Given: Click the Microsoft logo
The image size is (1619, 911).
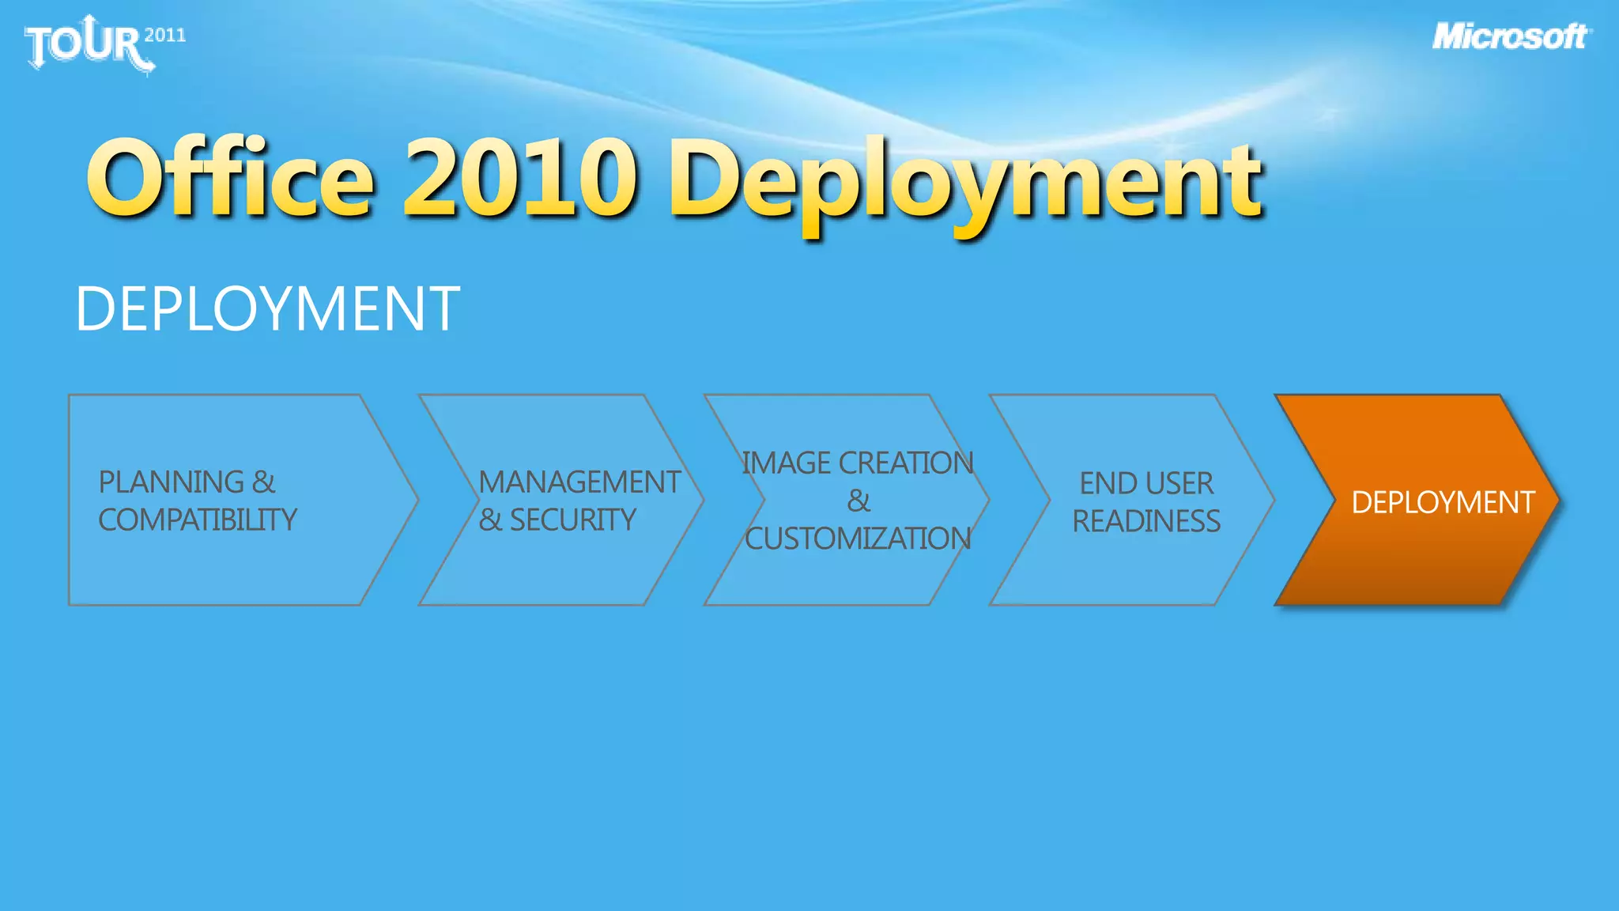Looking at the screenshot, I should (1511, 37).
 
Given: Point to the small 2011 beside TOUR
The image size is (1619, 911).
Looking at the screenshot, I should (165, 35).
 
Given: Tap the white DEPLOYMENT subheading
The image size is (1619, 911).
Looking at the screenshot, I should (267, 308).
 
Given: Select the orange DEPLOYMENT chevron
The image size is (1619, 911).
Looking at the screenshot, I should (1415, 501).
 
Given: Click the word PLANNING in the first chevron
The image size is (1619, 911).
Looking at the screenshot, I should (172, 482).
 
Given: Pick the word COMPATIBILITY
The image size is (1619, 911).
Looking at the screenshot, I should (198, 520).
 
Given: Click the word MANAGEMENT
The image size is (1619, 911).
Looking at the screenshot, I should (579, 482).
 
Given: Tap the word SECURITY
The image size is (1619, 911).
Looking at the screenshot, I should (572, 520).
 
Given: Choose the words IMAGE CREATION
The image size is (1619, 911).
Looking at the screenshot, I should (857, 463).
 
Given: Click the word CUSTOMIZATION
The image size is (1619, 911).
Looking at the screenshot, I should (858, 539).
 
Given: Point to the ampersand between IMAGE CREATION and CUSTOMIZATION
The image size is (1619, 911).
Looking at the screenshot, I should (859, 501).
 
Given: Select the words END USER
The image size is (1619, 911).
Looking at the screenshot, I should (1146, 482).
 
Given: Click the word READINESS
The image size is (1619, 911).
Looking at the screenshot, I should (1146, 521).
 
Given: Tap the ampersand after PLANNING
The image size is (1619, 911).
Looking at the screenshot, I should (264, 482).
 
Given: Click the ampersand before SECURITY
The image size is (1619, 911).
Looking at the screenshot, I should (490, 520).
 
